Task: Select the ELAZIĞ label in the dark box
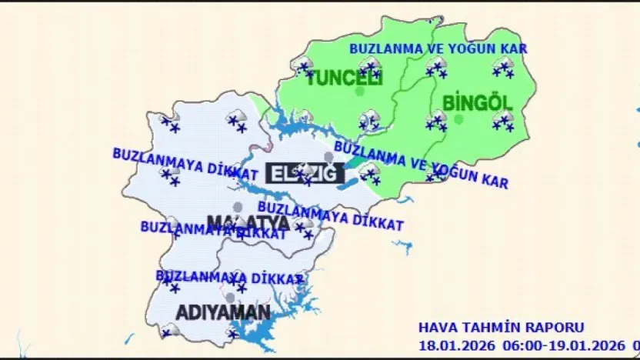[x=305, y=173]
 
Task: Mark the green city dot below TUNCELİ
[x=359, y=92]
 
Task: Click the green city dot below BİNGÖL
[x=459, y=118]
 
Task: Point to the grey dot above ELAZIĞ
[x=329, y=157]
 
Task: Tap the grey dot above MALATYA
[x=238, y=207]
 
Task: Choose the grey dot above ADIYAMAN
[x=230, y=297]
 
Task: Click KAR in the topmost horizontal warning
[x=513, y=48]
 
